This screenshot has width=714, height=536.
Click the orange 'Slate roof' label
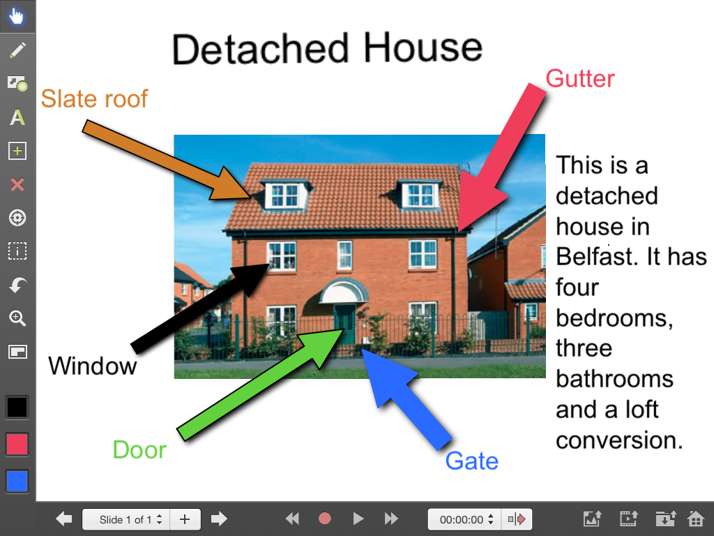coord(94,98)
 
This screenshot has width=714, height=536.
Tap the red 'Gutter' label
coord(580,78)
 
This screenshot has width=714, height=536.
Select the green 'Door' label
coord(139,450)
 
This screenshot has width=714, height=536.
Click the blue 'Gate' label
coord(472,461)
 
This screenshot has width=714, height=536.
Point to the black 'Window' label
coord(93,366)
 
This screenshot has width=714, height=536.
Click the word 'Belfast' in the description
coord(594,257)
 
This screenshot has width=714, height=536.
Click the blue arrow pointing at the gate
coord(404,397)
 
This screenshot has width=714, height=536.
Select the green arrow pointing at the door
coord(259,385)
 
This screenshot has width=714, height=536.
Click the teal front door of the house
coord(344,324)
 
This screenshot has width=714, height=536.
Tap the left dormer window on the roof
coord(284,195)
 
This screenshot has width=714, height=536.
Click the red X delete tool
coord(17,184)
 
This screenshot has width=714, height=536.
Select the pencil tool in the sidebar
coord(17,50)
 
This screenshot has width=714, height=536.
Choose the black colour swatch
coord(17,407)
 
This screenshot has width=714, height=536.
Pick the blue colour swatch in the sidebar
coord(17,482)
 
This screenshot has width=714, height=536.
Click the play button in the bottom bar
coord(358,519)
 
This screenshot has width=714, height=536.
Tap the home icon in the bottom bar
coord(696,519)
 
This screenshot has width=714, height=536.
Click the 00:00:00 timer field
coord(462,519)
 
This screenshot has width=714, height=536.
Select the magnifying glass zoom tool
coord(17,318)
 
